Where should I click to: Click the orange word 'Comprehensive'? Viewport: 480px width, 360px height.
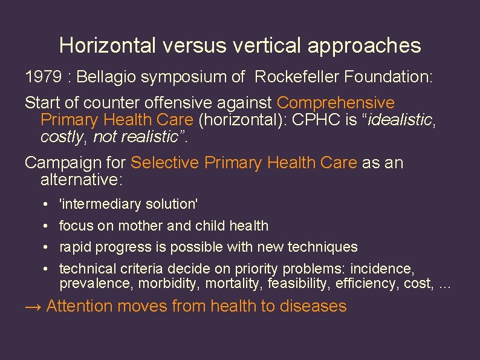click(x=336, y=103)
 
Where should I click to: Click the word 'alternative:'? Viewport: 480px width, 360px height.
click(x=81, y=180)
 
